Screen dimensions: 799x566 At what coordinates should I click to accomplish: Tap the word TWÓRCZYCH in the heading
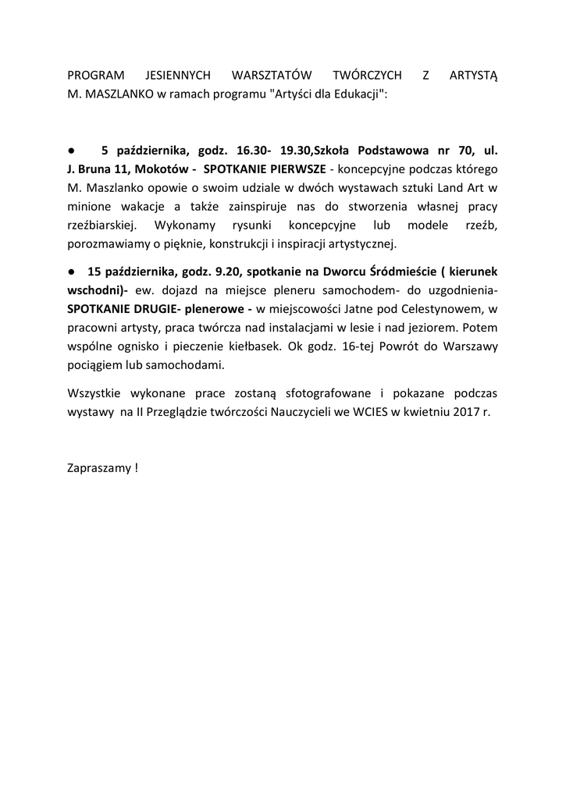pyautogui.click(x=367, y=76)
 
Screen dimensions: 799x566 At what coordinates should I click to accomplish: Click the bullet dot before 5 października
pyautogui.click(x=70, y=151)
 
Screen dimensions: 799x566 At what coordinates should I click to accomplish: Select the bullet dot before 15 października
pyautogui.click(x=70, y=272)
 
